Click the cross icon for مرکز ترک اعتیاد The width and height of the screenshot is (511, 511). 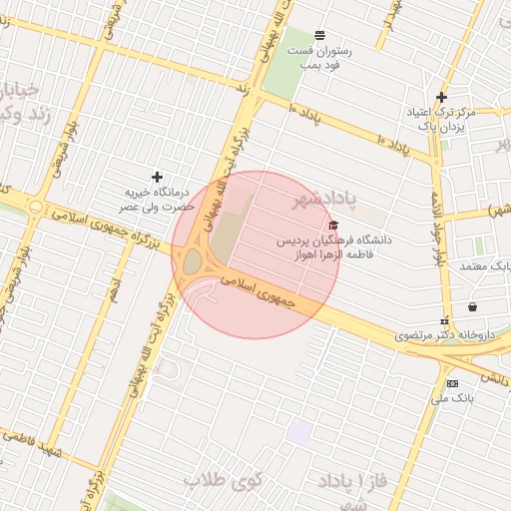tap(441, 97)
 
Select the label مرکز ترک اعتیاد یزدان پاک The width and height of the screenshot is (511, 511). tap(441, 120)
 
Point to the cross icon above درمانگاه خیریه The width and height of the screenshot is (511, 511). tap(157, 177)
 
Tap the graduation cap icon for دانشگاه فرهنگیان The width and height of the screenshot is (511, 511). tap(333, 226)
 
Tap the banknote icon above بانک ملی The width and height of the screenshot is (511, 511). tap(453, 383)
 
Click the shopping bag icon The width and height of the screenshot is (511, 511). tap(472, 306)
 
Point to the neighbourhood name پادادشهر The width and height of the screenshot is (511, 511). tap(325, 202)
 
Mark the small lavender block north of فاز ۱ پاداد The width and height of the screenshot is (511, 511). tap(299, 432)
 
